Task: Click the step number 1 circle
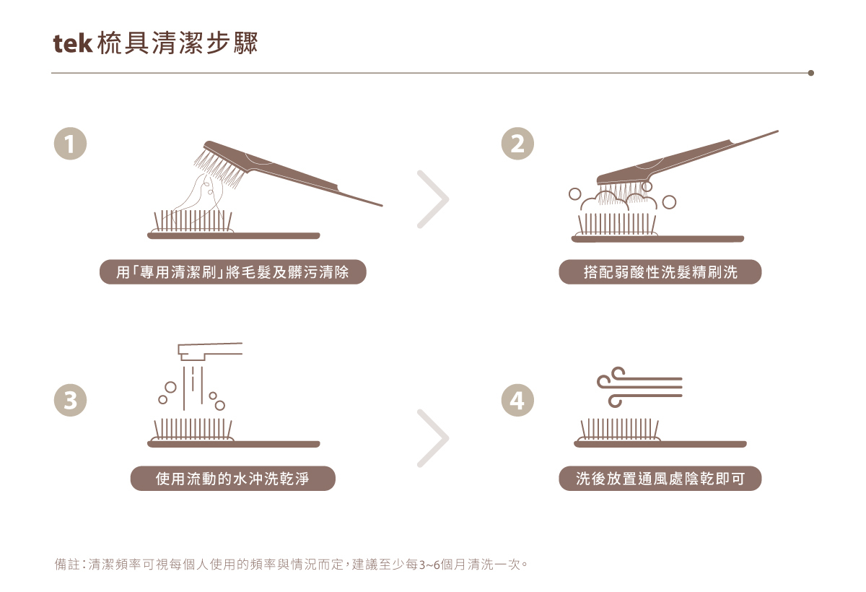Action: [x=70, y=144]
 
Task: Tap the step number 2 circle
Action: [x=517, y=144]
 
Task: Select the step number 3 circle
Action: [x=70, y=400]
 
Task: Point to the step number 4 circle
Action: [x=517, y=400]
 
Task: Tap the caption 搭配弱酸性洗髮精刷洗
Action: [x=660, y=272]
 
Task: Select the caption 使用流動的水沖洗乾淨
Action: [x=232, y=479]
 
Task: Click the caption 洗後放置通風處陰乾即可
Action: [x=660, y=479]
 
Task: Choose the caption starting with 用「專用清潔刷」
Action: [x=232, y=272]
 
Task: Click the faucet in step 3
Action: [x=209, y=352]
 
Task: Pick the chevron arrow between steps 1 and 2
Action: [x=433, y=200]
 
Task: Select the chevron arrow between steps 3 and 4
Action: [x=433, y=438]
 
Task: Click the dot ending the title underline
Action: [x=810, y=73]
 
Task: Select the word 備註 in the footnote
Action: [x=66, y=564]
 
